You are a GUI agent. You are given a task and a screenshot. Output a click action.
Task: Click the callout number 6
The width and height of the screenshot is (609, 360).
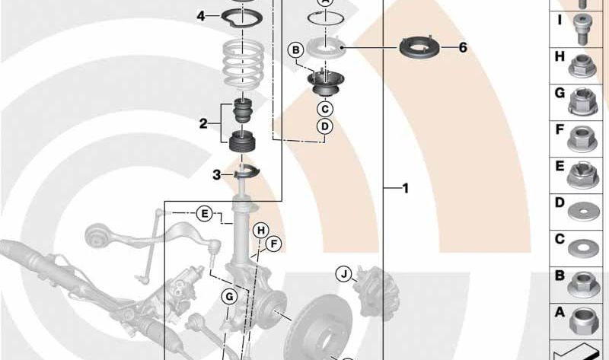463,48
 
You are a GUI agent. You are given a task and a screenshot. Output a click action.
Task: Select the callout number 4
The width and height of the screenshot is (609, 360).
201,16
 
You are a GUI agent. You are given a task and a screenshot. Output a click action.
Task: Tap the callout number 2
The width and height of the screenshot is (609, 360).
203,124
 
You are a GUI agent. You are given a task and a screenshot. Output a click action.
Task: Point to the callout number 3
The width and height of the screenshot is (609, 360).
217,175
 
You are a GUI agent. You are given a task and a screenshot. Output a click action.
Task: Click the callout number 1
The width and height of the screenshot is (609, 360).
406,188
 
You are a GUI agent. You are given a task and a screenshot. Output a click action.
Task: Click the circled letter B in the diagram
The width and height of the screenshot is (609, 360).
296,50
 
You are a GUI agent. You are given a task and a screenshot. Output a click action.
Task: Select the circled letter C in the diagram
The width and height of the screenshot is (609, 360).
325,109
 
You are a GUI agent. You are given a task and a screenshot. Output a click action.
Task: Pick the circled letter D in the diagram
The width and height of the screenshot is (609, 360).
325,126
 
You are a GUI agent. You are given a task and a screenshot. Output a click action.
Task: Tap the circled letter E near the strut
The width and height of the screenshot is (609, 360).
204,214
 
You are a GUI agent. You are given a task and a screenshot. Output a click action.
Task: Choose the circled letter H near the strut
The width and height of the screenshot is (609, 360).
261,231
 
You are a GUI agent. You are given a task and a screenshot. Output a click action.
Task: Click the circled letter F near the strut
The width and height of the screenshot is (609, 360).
274,244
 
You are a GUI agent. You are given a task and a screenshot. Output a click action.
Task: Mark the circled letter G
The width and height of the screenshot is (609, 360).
229,298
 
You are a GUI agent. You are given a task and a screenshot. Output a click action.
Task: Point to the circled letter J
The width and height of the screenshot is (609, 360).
344,274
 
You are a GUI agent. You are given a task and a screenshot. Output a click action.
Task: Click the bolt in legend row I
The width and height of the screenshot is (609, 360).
581,30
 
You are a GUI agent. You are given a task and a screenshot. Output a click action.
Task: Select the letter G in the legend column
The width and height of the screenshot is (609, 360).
560,93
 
